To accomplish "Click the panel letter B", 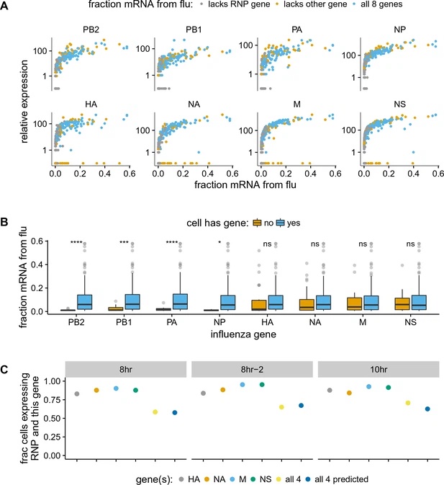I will pyautogui.click(x=6, y=226).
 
